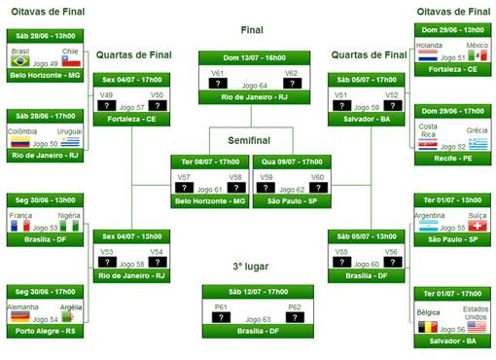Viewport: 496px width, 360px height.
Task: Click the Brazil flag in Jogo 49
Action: (x=19, y=61)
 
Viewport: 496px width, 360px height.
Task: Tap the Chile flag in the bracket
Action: (x=69, y=61)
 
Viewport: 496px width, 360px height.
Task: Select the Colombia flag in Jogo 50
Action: (x=19, y=142)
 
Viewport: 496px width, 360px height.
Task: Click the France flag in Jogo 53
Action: (x=19, y=226)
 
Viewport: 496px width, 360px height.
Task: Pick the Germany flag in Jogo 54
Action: (x=19, y=317)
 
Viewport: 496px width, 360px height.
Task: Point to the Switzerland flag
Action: (x=478, y=226)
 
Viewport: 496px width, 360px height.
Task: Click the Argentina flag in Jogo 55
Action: (x=428, y=226)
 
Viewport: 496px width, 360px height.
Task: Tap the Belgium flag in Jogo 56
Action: (x=428, y=329)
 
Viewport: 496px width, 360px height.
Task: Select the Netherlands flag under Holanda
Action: (x=428, y=57)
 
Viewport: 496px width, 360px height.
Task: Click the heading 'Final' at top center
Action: (x=251, y=30)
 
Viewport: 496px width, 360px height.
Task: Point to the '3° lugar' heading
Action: (x=251, y=267)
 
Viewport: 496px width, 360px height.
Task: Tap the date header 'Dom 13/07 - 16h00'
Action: (x=251, y=57)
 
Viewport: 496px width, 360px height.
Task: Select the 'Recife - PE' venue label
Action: (x=453, y=156)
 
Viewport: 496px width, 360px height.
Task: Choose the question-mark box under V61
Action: (x=218, y=85)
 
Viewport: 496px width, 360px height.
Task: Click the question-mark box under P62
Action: (x=295, y=317)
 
